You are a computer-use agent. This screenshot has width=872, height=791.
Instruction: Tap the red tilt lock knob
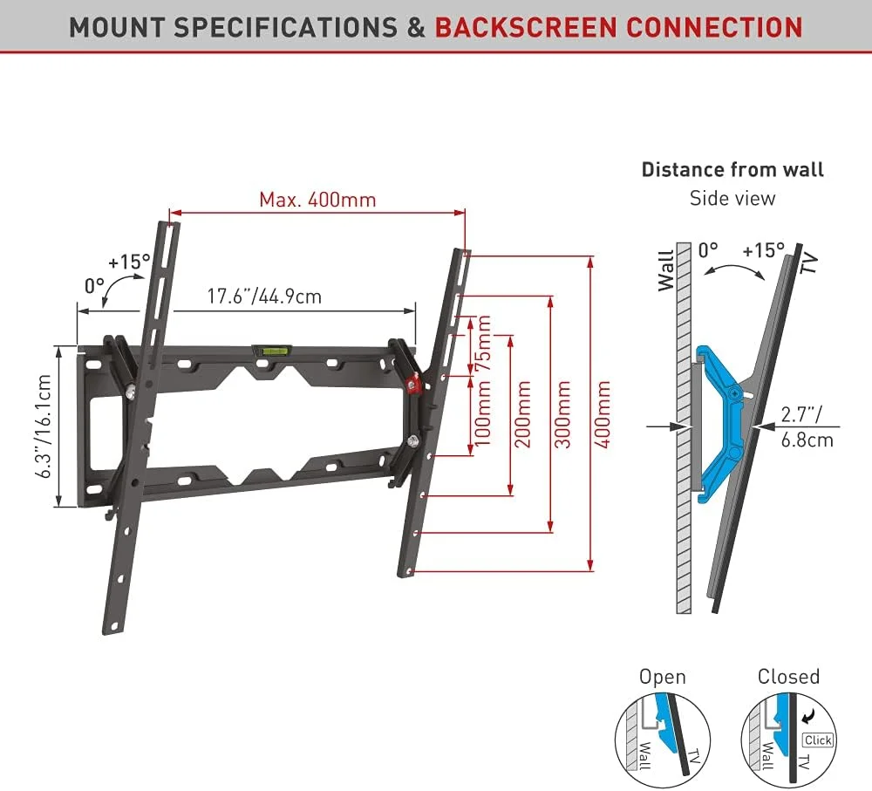tap(414, 381)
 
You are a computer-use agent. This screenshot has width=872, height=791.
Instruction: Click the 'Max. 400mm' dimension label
tap(317, 200)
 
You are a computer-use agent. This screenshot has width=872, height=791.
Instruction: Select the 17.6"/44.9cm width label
tap(264, 297)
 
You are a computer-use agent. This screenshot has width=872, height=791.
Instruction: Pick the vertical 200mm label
tap(523, 413)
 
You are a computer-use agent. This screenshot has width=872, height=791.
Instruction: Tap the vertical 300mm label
tap(563, 414)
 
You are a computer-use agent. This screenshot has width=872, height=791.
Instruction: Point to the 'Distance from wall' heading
tap(732, 169)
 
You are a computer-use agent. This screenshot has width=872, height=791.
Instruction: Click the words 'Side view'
tap(732, 198)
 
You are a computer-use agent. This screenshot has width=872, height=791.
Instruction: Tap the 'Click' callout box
tap(818, 740)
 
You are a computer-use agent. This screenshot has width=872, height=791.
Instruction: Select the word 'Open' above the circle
tap(663, 677)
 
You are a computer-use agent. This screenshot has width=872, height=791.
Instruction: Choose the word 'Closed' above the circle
tap(788, 677)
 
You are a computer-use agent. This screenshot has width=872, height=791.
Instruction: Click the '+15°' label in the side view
tap(763, 250)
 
